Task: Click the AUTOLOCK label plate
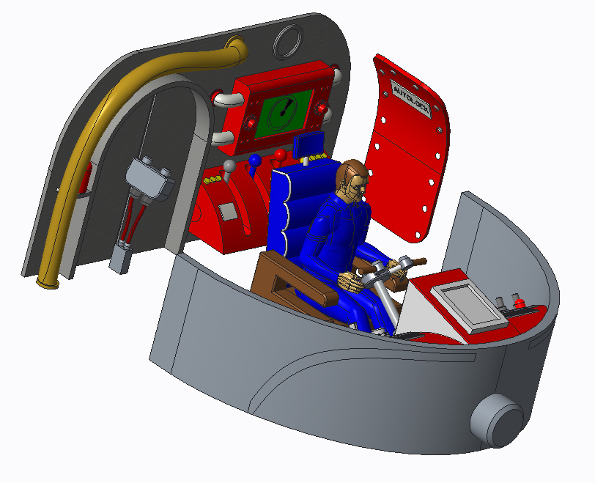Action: coord(411,100)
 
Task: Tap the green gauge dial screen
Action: coord(284,114)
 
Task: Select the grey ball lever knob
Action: coord(229,166)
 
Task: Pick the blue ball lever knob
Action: coord(255,160)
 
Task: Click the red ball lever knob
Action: coord(281,155)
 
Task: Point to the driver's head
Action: coord(352,178)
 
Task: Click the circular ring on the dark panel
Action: coord(289,42)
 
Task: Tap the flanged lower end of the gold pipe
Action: coord(48,282)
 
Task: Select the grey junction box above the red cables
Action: coord(149,179)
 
